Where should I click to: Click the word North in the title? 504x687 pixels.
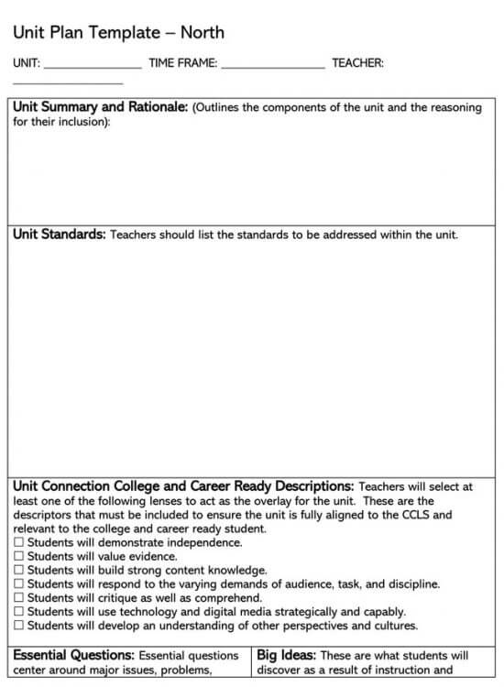point(203,33)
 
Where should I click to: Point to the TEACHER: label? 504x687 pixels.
point(357,63)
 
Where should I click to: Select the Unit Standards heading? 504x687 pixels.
point(59,234)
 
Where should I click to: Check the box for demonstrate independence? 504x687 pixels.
point(19,543)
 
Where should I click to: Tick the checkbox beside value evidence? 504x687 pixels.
point(19,557)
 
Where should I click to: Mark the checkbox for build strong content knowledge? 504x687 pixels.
point(19,571)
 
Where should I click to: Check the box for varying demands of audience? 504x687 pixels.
point(19,584)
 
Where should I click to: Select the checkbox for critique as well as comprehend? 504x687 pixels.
point(19,598)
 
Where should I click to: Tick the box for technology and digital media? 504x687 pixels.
point(19,612)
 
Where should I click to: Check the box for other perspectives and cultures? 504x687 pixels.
point(19,626)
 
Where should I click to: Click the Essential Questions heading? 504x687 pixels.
point(74,656)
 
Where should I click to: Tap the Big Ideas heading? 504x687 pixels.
point(286,656)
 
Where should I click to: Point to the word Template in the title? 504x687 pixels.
point(119,33)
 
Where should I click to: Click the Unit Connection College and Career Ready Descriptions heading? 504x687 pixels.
point(183,486)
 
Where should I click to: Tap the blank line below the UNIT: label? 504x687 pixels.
point(55,83)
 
